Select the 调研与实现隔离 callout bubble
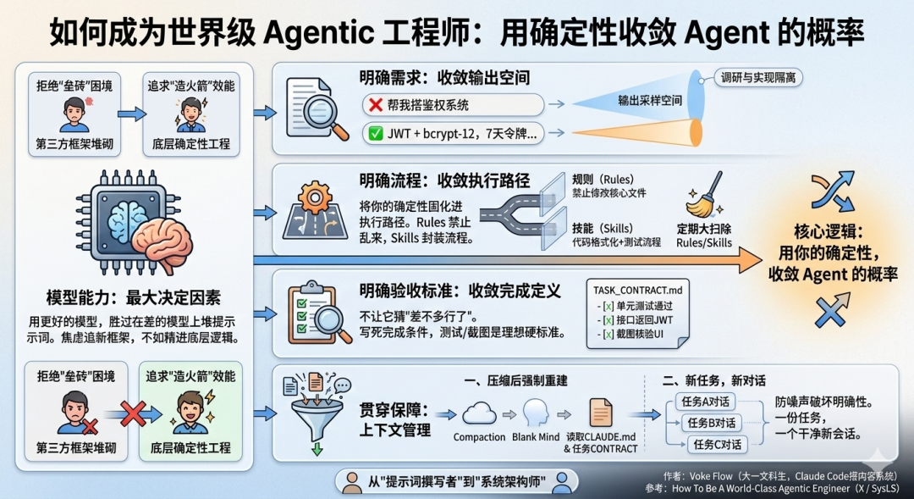tap(758, 78)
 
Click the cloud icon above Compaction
tap(479, 413)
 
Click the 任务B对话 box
tap(709, 423)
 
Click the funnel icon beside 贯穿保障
tap(315, 415)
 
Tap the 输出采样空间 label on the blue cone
tap(649, 100)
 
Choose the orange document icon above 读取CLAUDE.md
tap(601, 413)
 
